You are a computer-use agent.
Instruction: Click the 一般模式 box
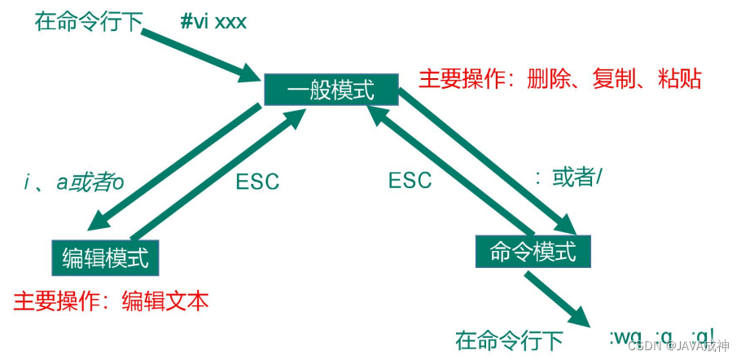pos(331,89)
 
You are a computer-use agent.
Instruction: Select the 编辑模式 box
pos(106,258)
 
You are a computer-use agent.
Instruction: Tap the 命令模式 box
pos(533,252)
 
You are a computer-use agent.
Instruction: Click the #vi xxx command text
pos(213,20)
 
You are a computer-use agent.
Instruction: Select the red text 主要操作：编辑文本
pos(111,301)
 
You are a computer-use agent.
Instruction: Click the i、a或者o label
pos(75,182)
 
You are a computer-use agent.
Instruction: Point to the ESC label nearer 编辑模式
pos(257,181)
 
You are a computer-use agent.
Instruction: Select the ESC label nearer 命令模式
pos(410,180)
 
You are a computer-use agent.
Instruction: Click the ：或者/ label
pos(567,178)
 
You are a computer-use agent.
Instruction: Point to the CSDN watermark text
pos(679,345)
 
